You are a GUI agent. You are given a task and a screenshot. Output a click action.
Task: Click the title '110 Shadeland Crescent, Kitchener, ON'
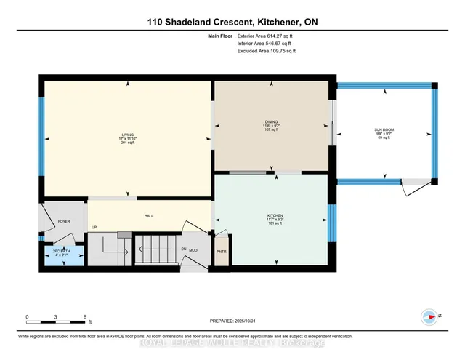click(x=232, y=22)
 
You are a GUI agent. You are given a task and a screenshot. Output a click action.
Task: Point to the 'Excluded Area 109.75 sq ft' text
click(x=267, y=51)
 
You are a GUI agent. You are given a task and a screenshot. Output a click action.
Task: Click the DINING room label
click(x=272, y=125)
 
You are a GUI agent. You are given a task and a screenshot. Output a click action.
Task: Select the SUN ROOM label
click(x=384, y=132)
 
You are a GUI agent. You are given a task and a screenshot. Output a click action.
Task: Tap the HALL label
click(x=148, y=215)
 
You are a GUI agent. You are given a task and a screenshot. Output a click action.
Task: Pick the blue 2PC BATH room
click(x=62, y=256)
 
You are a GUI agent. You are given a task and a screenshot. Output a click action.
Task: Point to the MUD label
click(x=194, y=250)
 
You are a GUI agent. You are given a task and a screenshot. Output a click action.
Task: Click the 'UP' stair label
click(x=94, y=228)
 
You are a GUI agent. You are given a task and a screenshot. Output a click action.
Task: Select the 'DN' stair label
click(x=184, y=249)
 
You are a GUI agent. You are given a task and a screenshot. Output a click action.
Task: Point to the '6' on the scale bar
click(x=84, y=317)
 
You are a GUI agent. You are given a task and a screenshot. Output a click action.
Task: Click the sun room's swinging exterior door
click(x=412, y=189)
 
